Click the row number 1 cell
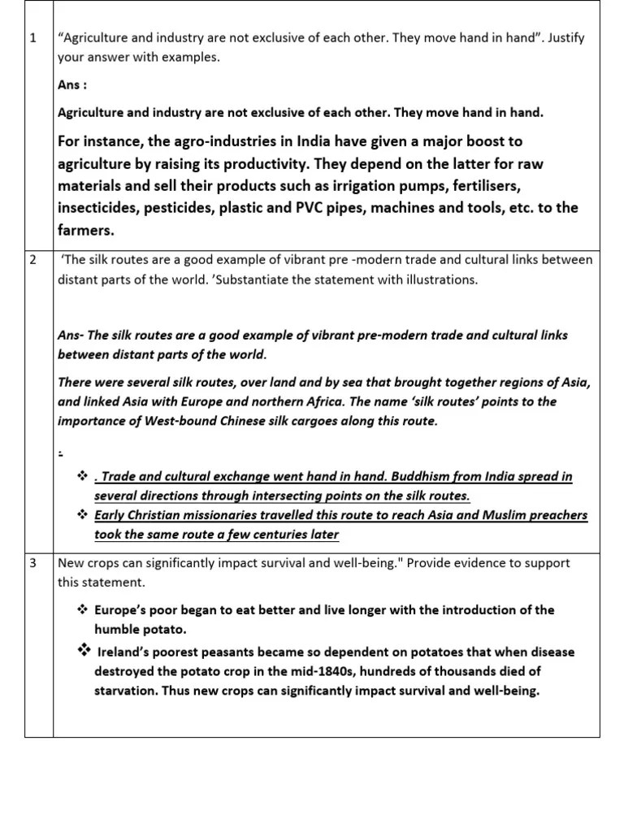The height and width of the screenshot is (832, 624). [32, 38]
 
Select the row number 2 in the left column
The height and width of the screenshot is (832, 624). [32, 261]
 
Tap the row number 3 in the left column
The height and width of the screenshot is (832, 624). [32, 563]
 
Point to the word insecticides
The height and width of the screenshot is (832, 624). [97, 208]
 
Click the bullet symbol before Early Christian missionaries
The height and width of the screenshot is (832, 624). [81, 515]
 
